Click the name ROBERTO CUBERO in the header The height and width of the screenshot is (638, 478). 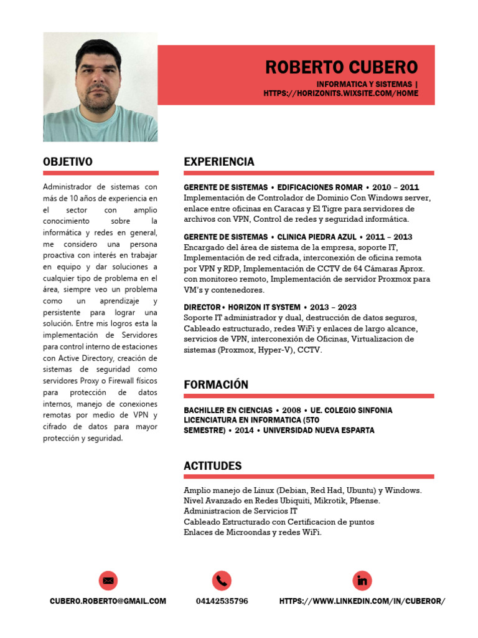pos(342,67)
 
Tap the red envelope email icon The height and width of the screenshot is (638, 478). pos(108,581)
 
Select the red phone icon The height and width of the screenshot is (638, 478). pos(222,581)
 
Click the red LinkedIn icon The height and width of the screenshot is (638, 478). pos(362,581)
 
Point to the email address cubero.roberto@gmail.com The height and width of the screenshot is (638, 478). pos(108,601)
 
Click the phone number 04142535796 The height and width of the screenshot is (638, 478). pos(222,601)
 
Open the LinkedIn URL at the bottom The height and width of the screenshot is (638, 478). pos(362,601)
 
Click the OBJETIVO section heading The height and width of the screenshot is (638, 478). pos(68,162)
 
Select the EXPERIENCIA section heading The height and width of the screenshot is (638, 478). pos(219,162)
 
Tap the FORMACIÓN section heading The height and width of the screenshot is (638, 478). pos(216,385)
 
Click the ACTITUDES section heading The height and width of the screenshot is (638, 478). pos(213,466)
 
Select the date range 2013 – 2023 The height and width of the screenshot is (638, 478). pos(333,307)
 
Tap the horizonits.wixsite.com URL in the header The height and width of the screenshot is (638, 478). pos(340,93)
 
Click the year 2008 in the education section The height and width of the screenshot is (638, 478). pos(291,411)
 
